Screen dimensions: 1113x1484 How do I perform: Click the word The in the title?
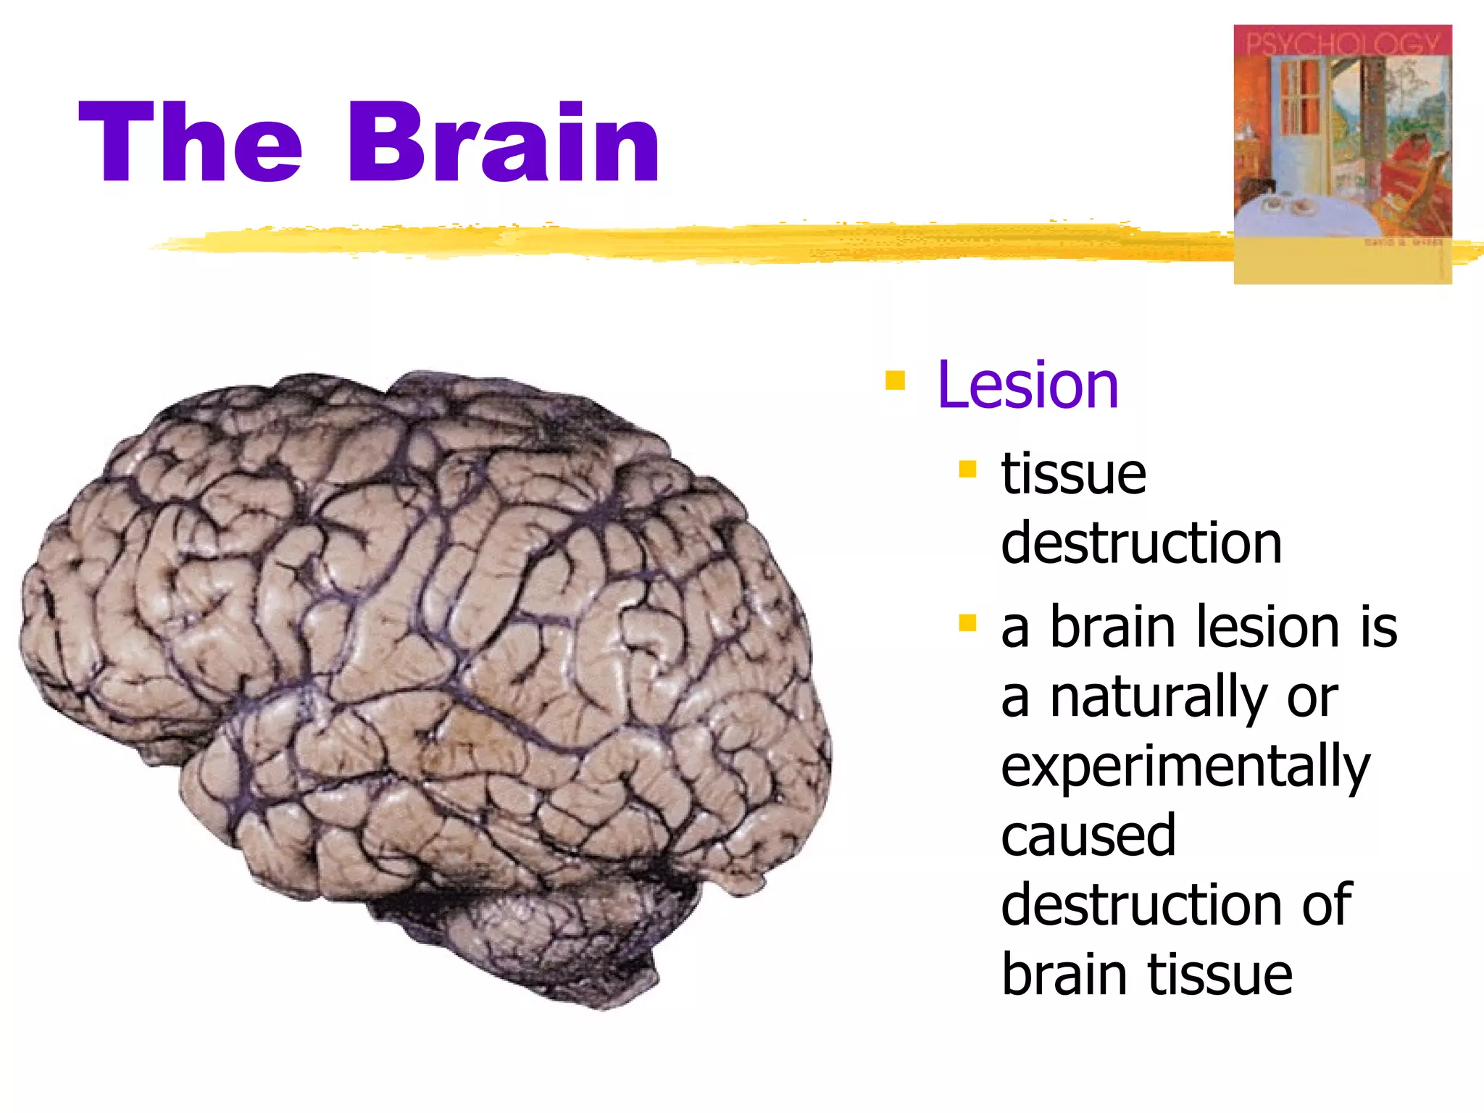(x=190, y=143)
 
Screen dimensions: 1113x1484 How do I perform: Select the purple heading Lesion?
(x=1027, y=385)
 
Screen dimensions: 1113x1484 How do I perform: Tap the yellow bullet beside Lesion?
(x=896, y=380)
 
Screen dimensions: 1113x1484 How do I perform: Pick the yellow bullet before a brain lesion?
(x=967, y=622)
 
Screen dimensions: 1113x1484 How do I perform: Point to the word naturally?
(x=1158, y=697)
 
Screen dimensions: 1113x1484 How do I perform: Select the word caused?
(x=1088, y=836)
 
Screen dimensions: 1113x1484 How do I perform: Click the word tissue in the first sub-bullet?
(x=1073, y=475)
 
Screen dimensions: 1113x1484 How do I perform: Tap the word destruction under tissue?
(x=1141, y=543)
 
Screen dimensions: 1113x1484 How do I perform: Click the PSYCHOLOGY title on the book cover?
(x=1342, y=43)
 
